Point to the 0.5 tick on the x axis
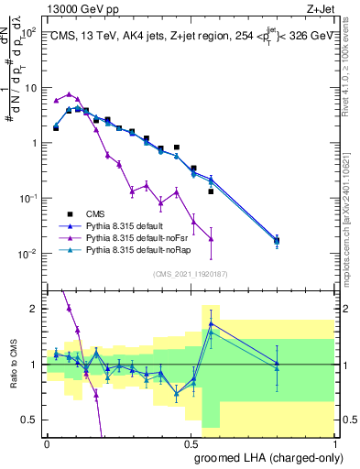click(x=191, y=443)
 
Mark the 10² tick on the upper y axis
click(x=29, y=32)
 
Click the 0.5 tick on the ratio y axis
click(x=33, y=420)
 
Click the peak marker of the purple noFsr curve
click(x=70, y=94)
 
